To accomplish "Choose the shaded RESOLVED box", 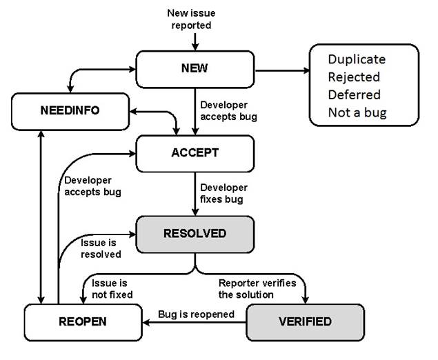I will (x=194, y=233).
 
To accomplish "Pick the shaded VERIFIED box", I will (x=305, y=321).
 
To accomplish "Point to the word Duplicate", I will (x=356, y=59).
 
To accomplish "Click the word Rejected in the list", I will (x=353, y=77).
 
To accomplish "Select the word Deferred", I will (x=355, y=94).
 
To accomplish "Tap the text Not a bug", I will (x=357, y=112).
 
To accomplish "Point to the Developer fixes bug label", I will (x=223, y=193).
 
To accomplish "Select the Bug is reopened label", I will (x=197, y=314).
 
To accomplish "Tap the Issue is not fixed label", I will (x=107, y=289).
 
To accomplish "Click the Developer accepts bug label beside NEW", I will (x=228, y=111).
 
